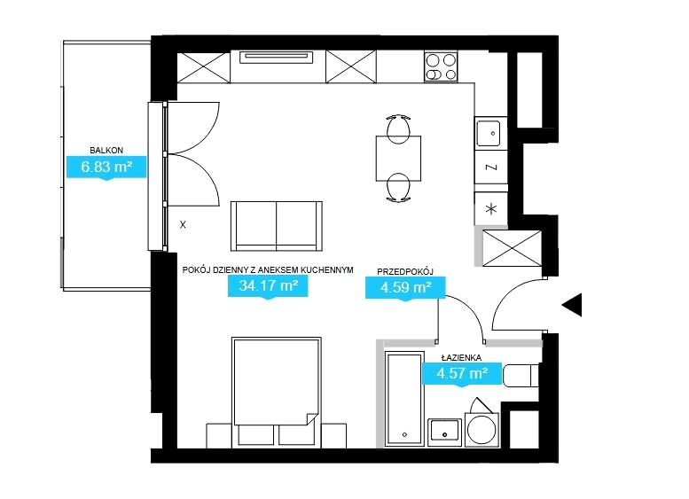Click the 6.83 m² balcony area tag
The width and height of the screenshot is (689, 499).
[106, 167]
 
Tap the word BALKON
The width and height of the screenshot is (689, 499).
[106, 150]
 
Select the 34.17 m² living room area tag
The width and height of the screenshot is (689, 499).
[268, 286]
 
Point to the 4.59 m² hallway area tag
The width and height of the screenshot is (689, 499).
[405, 288]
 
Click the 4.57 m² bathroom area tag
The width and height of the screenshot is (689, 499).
[462, 373]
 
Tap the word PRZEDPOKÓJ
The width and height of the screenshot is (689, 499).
[405, 272]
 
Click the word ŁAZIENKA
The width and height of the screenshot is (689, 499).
[461, 357]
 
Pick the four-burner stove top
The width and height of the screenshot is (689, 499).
[441, 66]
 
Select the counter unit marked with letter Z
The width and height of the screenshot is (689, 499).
[491, 168]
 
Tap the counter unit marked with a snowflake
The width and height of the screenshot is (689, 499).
[491, 209]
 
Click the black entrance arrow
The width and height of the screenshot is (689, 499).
[572, 304]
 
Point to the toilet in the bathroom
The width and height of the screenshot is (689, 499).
[521, 376]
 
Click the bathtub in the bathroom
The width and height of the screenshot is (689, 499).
[404, 399]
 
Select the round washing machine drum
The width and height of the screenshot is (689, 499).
[482, 429]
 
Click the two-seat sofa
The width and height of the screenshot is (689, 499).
[277, 226]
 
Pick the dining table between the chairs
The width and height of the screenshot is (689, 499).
[398, 159]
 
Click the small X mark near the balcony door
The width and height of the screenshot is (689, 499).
[183, 225]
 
